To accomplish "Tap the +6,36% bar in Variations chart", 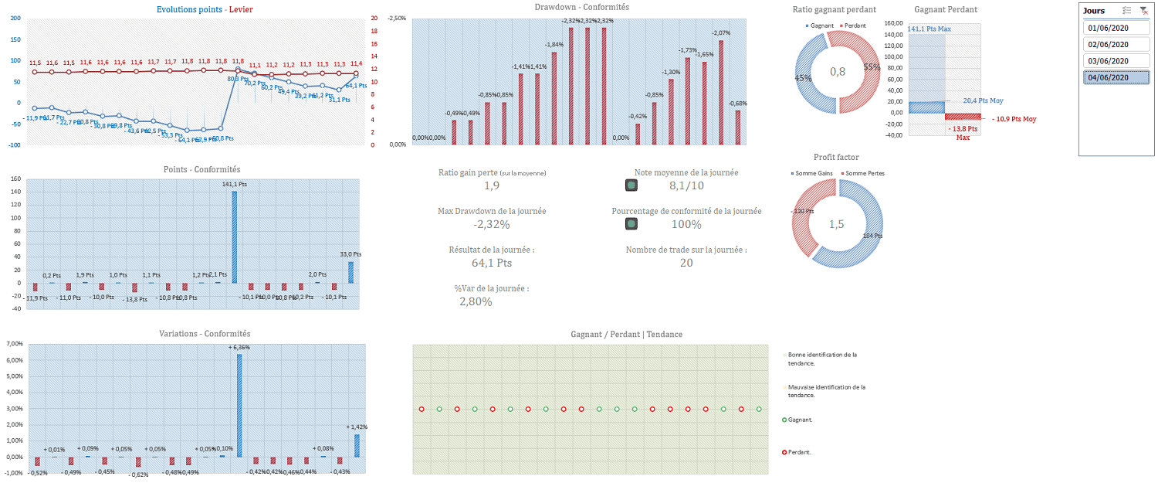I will pos(239,405).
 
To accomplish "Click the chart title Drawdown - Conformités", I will pos(581,7).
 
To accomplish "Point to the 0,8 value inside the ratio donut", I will pos(838,72).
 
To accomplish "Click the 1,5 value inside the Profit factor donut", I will pos(837,224).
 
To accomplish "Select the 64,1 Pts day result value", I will pos(492,263).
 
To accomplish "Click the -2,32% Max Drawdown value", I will pos(492,225).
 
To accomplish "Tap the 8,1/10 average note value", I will pos(686,185).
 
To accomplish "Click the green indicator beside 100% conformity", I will pos(631,224).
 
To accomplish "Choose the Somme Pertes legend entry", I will pos(864,173).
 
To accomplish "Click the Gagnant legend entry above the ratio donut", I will pos(823,26).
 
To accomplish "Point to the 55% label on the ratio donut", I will pos(872,67).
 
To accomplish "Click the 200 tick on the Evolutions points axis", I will pos(15,19).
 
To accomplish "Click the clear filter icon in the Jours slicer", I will pos(1144,11).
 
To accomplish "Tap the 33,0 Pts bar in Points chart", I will pos(350,272).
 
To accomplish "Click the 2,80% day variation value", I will pos(476,301).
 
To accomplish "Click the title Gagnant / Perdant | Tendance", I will pos(626,334).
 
